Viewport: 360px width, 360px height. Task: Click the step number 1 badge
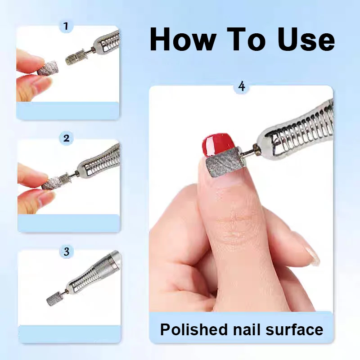(x=66, y=26)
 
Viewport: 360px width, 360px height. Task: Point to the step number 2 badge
(x=67, y=138)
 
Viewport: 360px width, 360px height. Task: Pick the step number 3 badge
(x=67, y=251)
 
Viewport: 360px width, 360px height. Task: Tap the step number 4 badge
(x=242, y=86)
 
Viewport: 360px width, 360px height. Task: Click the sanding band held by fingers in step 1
(x=46, y=68)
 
